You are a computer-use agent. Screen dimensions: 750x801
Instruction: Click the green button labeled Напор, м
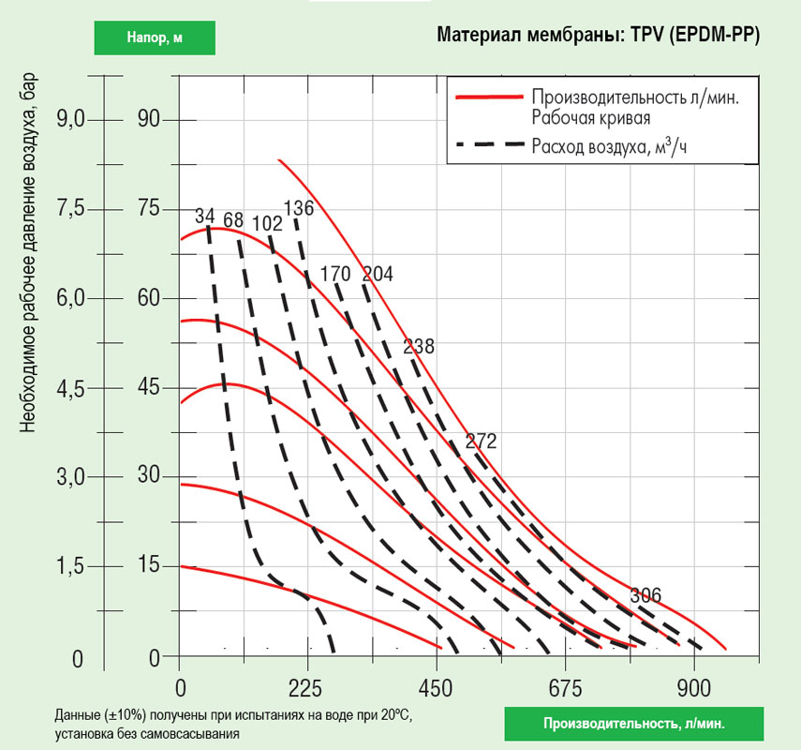pos(155,37)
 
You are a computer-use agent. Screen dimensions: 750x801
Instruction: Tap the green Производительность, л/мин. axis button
pos(633,724)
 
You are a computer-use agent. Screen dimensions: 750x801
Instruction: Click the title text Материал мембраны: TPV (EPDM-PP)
pos(598,36)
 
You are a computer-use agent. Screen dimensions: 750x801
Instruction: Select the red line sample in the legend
pos(487,97)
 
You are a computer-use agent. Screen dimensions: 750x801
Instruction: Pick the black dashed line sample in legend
pos(487,145)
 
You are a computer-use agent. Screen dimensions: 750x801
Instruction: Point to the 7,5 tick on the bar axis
pos(72,208)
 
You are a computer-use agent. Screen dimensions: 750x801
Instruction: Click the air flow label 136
pos(298,208)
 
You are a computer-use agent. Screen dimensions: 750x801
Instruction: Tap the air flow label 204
pos(378,274)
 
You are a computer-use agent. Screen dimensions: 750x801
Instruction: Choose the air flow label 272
pos(480,442)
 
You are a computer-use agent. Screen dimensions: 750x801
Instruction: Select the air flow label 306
pos(645,595)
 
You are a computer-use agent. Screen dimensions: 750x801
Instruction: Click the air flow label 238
pos(419,347)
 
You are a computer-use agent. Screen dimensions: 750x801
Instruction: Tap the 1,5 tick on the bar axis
pos(72,567)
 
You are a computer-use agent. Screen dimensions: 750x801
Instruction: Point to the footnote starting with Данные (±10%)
pos(232,724)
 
